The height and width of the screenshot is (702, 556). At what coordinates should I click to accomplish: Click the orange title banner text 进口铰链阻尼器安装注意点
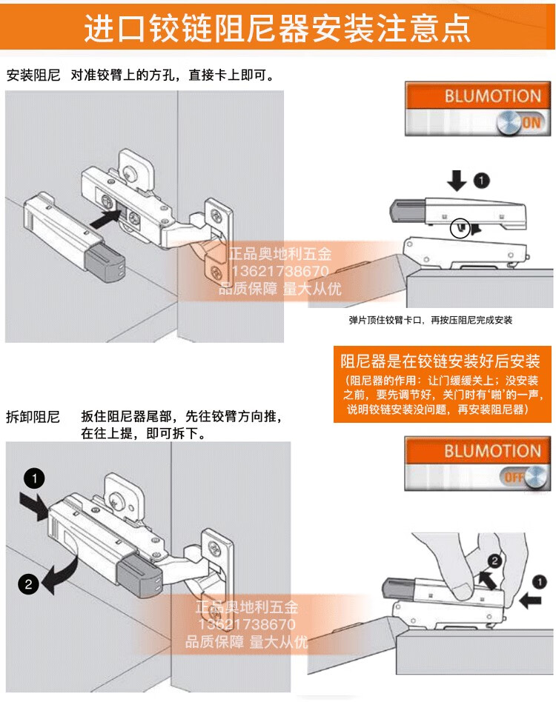point(277,29)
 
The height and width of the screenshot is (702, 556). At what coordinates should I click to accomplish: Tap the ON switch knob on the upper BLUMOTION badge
point(510,122)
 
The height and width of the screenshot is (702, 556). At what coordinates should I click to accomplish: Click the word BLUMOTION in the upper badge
point(492,96)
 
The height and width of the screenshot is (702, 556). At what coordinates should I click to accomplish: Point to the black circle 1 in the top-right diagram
point(481,179)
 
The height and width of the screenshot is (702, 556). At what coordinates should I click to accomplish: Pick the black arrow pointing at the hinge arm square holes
point(107,216)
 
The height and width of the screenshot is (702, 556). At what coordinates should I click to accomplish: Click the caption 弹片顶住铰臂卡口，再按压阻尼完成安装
point(430,320)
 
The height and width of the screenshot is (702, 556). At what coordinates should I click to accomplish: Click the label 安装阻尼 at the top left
point(33,76)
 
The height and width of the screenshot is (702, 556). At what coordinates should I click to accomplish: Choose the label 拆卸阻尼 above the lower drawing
point(33,416)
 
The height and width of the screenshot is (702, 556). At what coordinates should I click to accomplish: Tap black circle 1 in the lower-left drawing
point(34,477)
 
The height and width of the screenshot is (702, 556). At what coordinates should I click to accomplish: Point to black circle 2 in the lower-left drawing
point(28,584)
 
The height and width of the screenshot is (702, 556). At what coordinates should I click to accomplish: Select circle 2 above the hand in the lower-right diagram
point(495,561)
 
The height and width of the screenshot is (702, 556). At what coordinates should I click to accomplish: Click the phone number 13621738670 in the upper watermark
point(280,272)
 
